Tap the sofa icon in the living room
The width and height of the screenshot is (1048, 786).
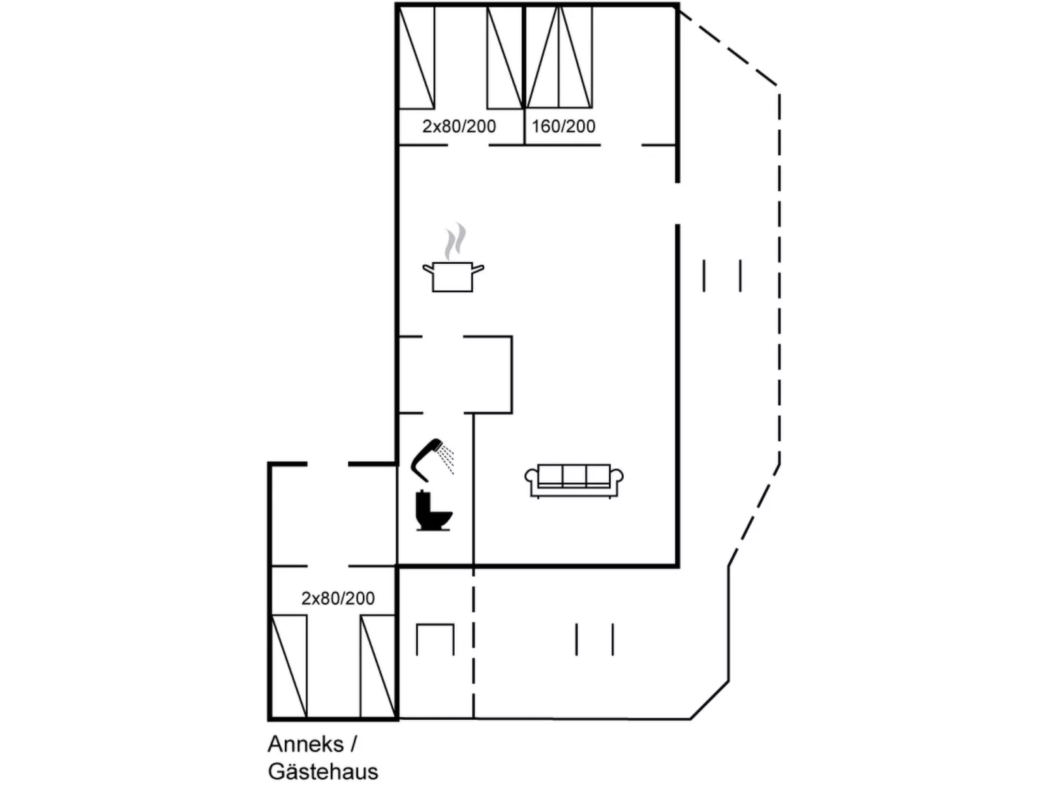click(x=574, y=481)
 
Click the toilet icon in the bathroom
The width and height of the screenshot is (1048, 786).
click(x=433, y=510)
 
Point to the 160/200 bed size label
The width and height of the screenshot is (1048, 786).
click(x=563, y=127)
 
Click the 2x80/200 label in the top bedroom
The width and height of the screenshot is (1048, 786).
click(x=459, y=127)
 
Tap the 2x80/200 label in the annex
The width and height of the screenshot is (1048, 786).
click(x=338, y=598)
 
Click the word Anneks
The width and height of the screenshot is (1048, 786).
click(x=305, y=744)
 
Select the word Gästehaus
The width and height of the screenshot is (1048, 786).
click(x=323, y=772)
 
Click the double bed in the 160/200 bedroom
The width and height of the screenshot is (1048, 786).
click(x=559, y=57)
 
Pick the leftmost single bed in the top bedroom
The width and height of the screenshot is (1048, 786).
click(x=416, y=57)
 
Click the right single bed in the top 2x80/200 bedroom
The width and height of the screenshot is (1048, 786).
click(x=505, y=57)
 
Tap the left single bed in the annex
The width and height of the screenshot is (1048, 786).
click(x=289, y=666)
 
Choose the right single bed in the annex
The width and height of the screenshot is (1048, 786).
click(x=378, y=666)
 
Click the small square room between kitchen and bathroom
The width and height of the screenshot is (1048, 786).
click(x=455, y=374)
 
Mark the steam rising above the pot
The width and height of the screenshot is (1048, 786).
click(x=455, y=241)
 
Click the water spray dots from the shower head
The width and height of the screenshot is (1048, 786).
click(x=447, y=459)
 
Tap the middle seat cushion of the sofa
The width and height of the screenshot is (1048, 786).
click(x=574, y=476)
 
